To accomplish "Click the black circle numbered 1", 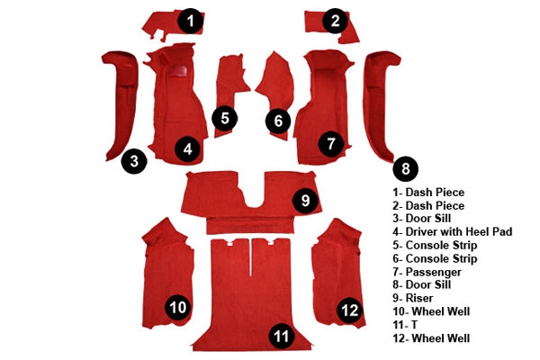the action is tap(191, 21).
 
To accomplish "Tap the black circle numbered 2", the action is tap(335, 21).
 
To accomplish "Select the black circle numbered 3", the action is tap(134, 161).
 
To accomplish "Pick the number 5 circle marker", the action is tap(224, 118).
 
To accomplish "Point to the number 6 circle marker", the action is tap(278, 121).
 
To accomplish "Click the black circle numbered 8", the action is tap(405, 169).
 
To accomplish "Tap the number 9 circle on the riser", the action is tap(305, 200).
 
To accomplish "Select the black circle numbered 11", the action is tap(281, 335).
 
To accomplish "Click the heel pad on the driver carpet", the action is tap(178, 70).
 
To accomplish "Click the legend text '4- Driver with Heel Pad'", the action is tap(452, 231).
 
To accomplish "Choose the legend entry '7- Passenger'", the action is tap(427, 272).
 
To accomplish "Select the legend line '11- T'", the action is tap(405, 325).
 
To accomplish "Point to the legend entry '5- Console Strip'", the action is tap(435, 246).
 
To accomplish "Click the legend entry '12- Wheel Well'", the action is tap(431, 338).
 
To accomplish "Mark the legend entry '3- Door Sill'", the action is tap(421, 219).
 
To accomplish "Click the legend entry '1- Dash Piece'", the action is tap(428, 193).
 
